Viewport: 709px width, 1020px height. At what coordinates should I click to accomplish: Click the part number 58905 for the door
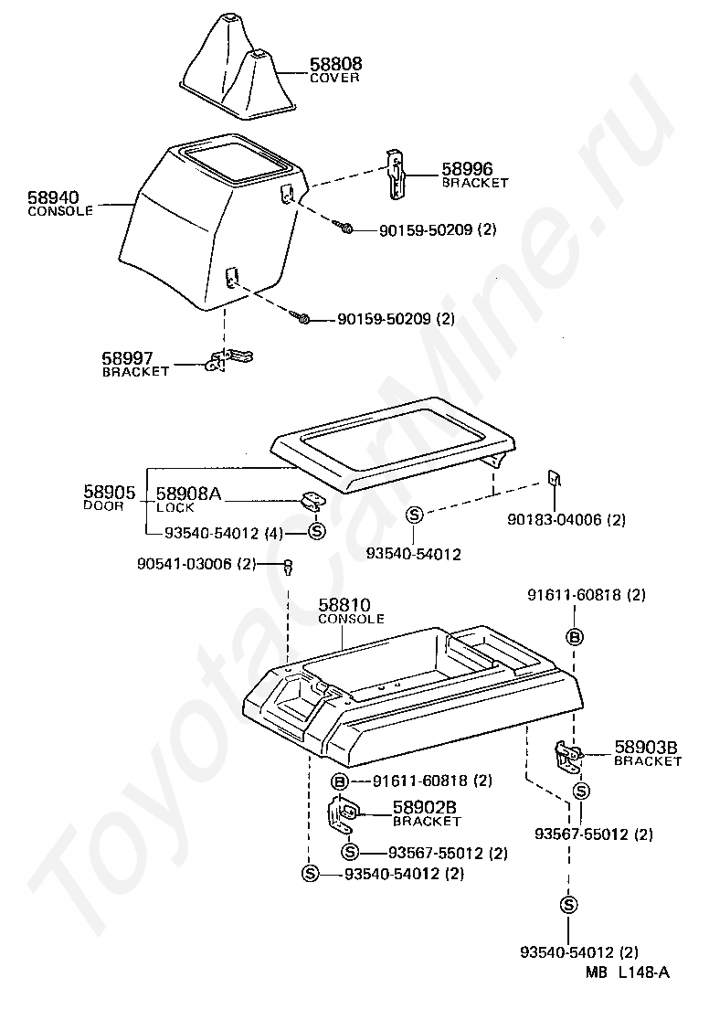click(110, 493)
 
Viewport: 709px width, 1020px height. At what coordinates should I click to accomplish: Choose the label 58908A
click(188, 494)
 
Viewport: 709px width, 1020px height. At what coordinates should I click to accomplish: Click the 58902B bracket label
click(425, 807)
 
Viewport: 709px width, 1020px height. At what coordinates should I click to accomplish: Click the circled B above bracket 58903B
click(574, 637)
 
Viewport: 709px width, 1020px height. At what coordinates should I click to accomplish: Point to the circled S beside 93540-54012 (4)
click(317, 531)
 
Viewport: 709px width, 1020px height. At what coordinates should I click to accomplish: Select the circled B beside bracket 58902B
click(339, 781)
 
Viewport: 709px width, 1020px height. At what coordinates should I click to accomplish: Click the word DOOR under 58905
click(103, 506)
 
